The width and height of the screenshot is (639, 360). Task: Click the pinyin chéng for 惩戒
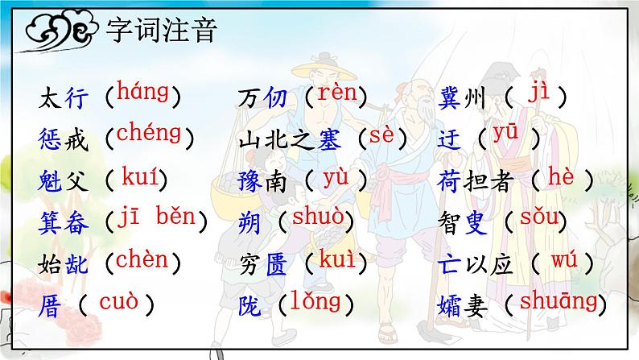point(149,134)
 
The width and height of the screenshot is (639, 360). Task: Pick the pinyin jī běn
point(157,218)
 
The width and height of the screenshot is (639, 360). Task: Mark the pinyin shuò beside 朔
point(317,217)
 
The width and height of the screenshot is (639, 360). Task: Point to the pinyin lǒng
point(317,302)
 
